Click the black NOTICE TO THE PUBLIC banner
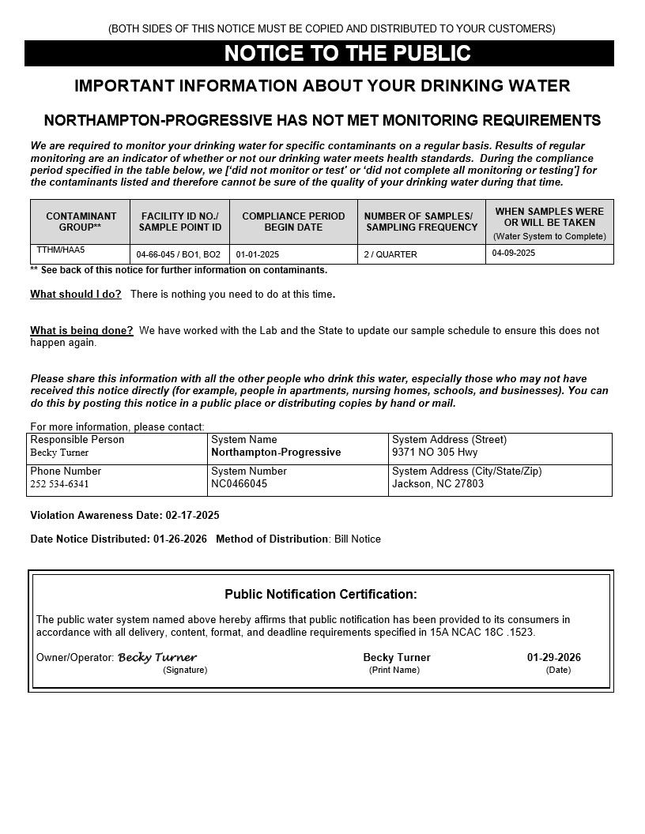click(x=319, y=54)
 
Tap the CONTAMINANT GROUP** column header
click(x=81, y=221)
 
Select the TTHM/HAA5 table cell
click(x=61, y=250)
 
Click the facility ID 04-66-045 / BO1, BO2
click(x=179, y=255)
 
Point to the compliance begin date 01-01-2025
click(x=258, y=255)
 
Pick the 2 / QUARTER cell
click(x=390, y=255)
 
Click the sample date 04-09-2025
click(x=514, y=254)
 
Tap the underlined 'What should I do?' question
click(x=76, y=295)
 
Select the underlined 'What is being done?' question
click(x=81, y=331)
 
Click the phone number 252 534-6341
click(x=60, y=484)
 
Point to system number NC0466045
click(x=240, y=484)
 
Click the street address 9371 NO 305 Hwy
click(x=435, y=453)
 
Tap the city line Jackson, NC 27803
click(x=438, y=484)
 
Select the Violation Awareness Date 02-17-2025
click(x=192, y=516)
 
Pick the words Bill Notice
click(x=357, y=539)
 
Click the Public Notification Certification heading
click(x=321, y=595)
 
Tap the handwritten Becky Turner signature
click(x=157, y=657)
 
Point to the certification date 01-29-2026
click(x=554, y=658)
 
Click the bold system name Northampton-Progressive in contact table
click(x=276, y=453)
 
